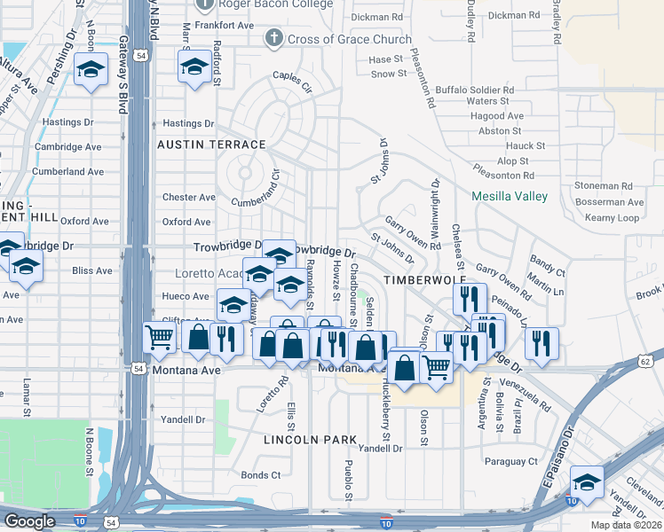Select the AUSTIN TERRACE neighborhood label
(211, 144)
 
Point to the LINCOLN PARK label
(310, 439)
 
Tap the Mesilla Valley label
(509, 196)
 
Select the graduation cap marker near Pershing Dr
(90, 69)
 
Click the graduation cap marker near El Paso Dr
(587, 482)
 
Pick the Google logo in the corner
(29, 521)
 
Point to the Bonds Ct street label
(261, 475)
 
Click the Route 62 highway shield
(644, 360)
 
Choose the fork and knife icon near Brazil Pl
(541, 341)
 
